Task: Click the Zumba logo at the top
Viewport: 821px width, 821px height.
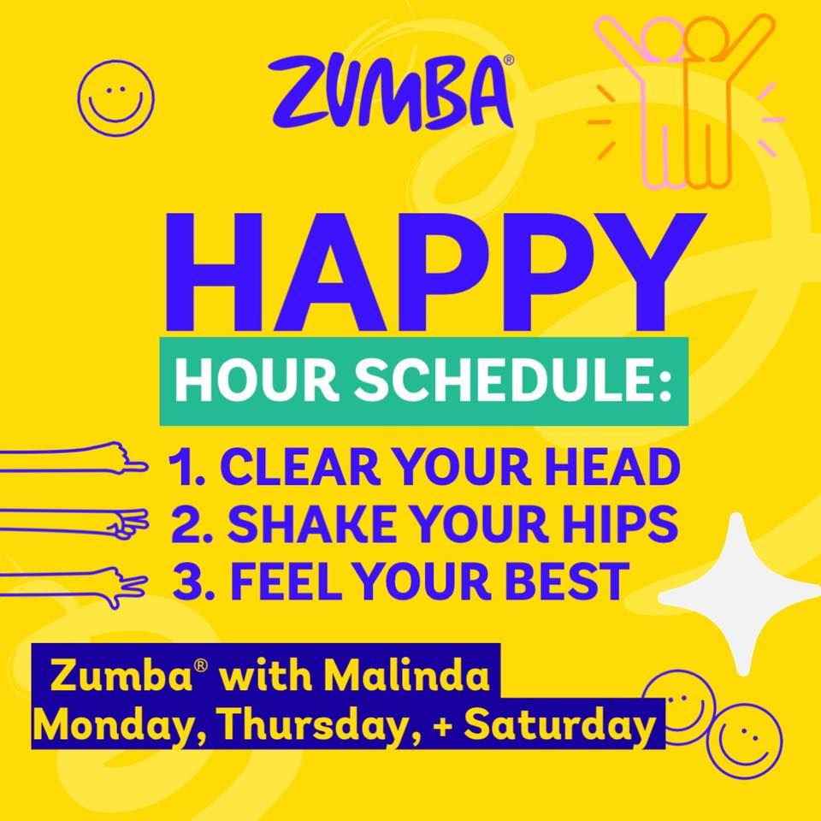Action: (x=391, y=92)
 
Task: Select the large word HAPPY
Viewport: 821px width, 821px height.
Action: (x=434, y=272)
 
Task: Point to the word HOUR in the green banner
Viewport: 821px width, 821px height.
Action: (x=257, y=381)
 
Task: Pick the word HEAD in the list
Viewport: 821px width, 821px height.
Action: (x=617, y=468)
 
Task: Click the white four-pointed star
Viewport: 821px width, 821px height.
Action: (x=739, y=594)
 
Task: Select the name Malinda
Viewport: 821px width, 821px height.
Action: (x=407, y=676)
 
